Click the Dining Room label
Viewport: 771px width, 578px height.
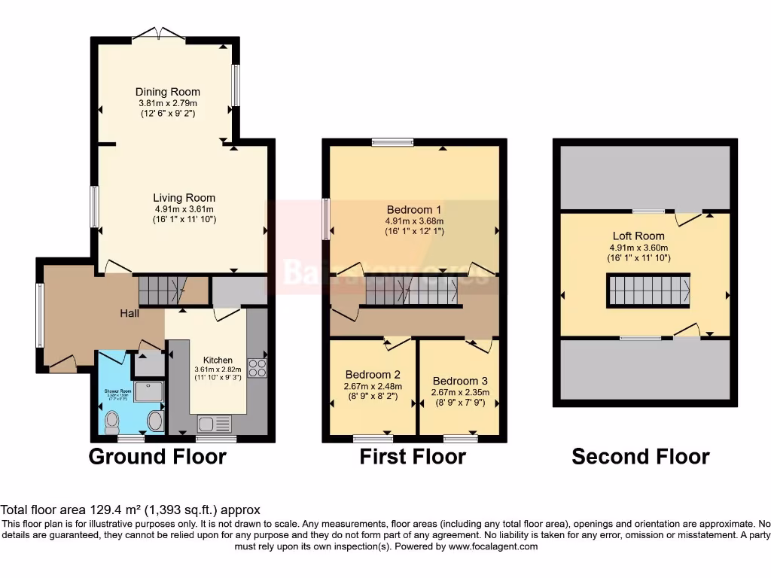[x=167, y=92]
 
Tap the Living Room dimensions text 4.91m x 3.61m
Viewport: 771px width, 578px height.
[x=184, y=209]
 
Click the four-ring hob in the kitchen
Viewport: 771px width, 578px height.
[x=258, y=368]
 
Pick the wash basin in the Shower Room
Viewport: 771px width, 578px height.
[x=155, y=421]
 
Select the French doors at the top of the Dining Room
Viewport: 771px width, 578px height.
[x=159, y=35]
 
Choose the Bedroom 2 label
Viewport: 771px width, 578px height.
[x=373, y=374]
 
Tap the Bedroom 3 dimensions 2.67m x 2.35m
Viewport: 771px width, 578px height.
[x=460, y=392]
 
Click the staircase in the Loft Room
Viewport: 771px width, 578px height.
[x=648, y=291]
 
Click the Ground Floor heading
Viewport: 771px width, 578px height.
[x=157, y=456]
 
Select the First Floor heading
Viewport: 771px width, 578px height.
[x=413, y=456]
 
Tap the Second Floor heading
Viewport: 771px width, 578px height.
[x=641, y=456]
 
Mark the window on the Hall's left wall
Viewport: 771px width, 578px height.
[x=40, y=315]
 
